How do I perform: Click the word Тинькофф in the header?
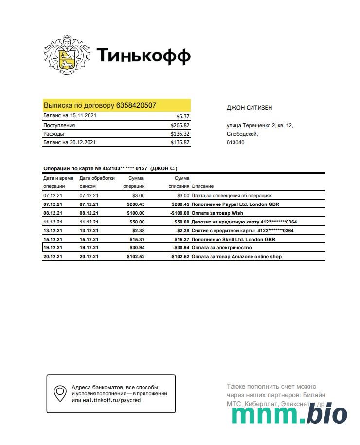point(143,56)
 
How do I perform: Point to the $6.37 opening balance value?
point(182,116)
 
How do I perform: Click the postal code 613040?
point(235,143)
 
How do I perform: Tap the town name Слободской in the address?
point(242,134)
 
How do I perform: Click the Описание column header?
point(202,186)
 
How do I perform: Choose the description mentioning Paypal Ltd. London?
point(235,204)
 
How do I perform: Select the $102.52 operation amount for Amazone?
point(135,257)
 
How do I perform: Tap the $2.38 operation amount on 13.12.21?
point(138,230)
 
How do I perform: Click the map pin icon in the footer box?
point(60,393)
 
